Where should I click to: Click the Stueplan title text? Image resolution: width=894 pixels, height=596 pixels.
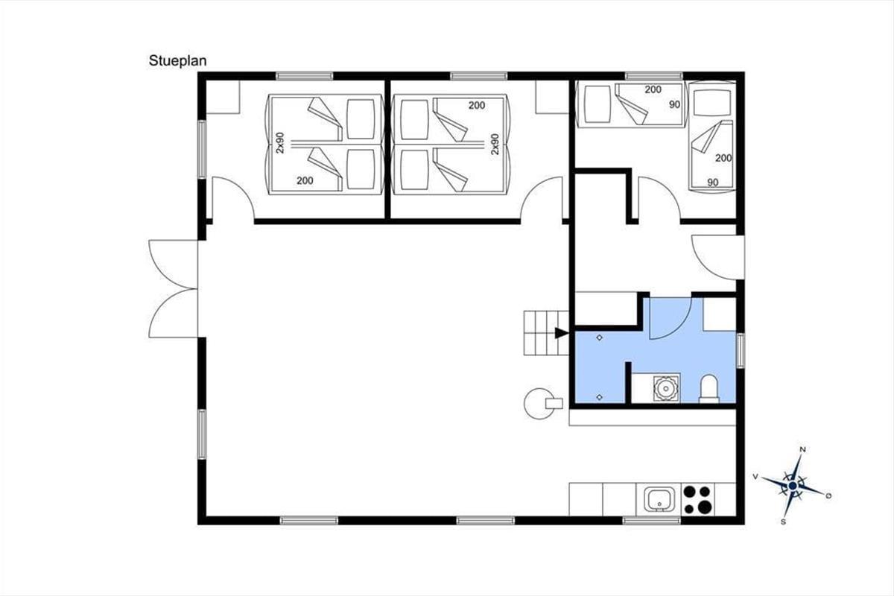tap(177, 61)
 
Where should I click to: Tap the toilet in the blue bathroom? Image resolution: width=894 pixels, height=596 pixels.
tap(709, 388)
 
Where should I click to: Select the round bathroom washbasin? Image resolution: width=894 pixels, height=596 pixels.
tap(666, 387)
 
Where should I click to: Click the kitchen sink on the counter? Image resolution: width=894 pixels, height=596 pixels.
tap(659, 499)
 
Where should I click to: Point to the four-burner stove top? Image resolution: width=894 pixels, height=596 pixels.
tap(698, 499)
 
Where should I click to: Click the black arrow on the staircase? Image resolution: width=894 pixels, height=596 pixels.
tap(562, 333)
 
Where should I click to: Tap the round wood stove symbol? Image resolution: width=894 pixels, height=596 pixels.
tap(539, 404)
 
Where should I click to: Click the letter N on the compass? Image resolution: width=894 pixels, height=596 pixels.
tap(802, 450)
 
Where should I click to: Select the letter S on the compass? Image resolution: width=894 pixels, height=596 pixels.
tap(783, 521)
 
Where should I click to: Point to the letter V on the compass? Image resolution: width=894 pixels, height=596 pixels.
tap(755, 476)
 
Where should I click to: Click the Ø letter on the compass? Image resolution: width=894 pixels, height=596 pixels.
tap(828, 496)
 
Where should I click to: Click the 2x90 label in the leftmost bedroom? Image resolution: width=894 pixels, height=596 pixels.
tap(280, 143)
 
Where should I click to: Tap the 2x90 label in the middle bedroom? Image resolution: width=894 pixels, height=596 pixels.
tap(495, 144)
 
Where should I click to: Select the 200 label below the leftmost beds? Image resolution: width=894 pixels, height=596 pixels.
tap(305, 180)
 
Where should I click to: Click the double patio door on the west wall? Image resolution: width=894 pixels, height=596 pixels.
tap(174, 288)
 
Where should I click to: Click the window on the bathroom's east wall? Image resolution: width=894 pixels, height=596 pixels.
tap(741, 351)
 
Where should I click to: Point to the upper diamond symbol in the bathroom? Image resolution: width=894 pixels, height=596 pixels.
tap(600, 337)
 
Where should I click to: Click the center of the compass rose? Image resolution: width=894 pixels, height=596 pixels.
tap(793, 486)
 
